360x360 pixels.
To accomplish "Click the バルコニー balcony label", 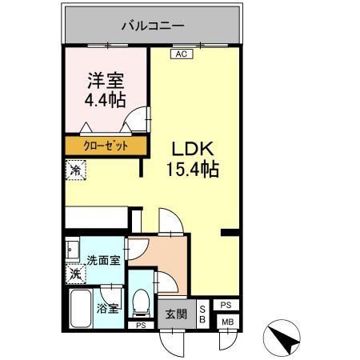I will point(152,26).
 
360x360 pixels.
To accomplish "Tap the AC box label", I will point(180,54).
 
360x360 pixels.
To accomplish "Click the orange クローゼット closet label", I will point(107,146).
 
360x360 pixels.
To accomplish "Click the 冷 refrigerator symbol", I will point(74,170).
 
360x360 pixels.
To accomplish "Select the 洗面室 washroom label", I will point(103,259).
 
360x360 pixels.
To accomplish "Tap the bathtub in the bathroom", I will point(80,309).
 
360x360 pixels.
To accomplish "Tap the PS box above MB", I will point(226,305).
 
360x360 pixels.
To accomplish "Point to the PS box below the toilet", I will point(141,326).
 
